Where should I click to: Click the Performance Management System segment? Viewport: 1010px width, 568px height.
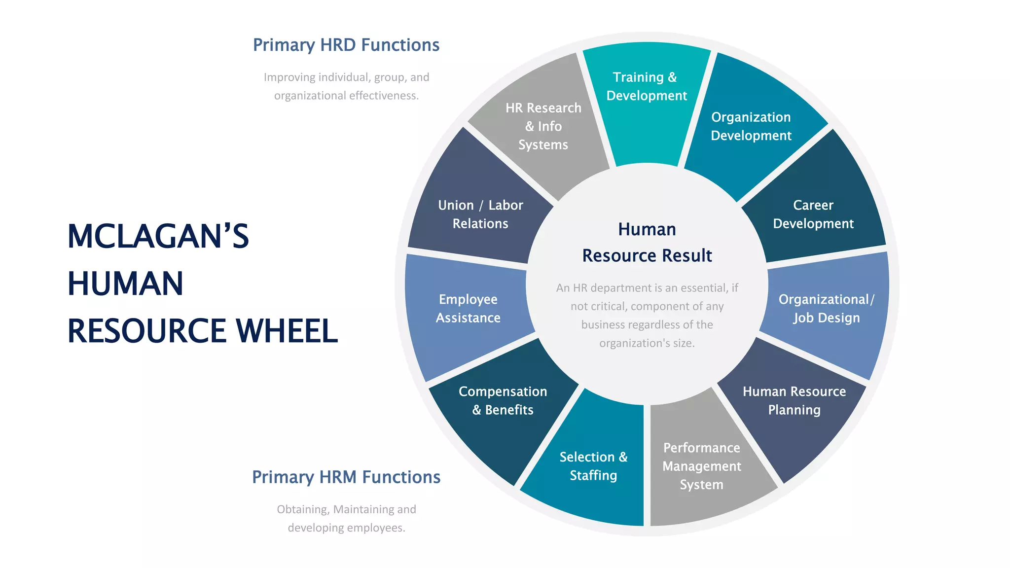click(701, 466)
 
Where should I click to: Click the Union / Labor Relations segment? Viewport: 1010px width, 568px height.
click(480, 214)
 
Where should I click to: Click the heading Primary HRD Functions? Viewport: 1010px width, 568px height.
click(346, 45)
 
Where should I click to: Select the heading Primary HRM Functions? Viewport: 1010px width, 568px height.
click(346, 477)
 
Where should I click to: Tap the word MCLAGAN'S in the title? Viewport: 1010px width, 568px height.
click(158, 237)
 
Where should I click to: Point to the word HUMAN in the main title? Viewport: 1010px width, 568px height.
click(125, 284)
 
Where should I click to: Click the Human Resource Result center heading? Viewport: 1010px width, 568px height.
click(647, 243)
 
